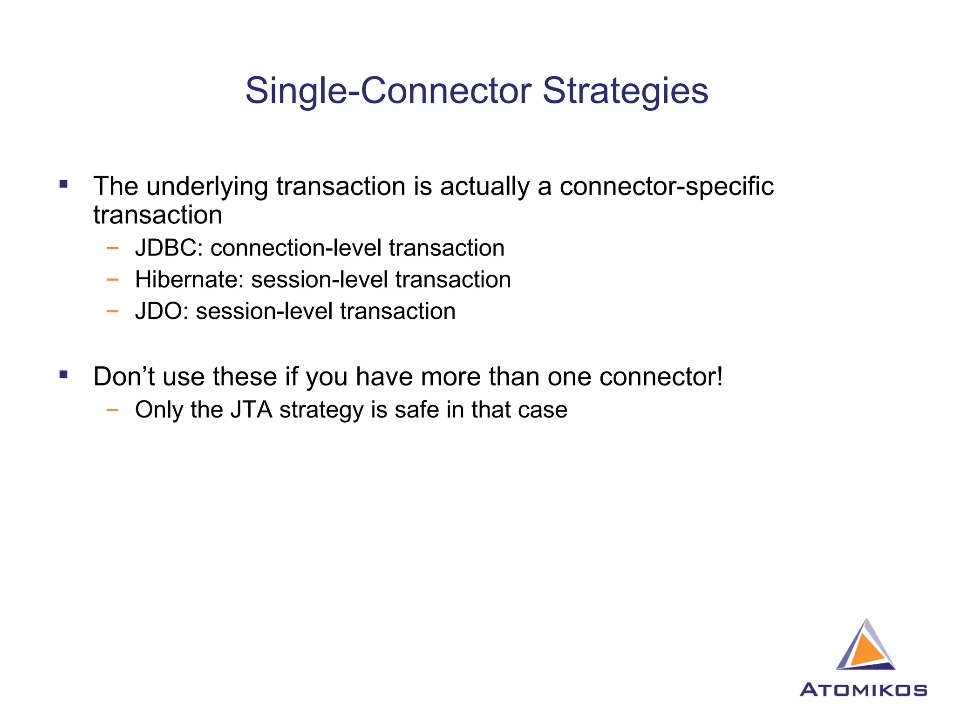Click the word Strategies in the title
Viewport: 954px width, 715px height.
tap(625, 91)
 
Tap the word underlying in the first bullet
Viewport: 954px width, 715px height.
tap(207, 187)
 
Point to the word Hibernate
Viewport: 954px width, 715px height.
tap(189, 280)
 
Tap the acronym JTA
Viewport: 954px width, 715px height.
tap(252, 410)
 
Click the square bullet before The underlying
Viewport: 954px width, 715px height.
tap(63, 184)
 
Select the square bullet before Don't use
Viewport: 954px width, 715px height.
tap(63, 374)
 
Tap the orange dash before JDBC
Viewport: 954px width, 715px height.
tap(112, 248)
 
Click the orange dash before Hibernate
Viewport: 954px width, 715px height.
tap(112, 280)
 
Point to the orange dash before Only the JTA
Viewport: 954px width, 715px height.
tap(112, 410)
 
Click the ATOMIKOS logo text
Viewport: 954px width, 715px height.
tap(863, 689)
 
